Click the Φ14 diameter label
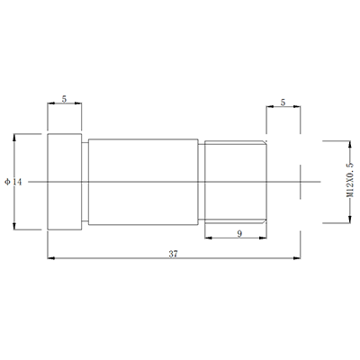tap(6, 182)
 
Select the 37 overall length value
tap(173, 254)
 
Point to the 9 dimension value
tap(238, 233)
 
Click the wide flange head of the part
tap(66, 182)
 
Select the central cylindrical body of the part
tap(143, 182)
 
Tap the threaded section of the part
tap(236, 182)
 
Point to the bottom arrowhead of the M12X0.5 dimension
tap(348, 220)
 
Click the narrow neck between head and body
tap(85, 182)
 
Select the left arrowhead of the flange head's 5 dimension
tap(50, 103)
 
